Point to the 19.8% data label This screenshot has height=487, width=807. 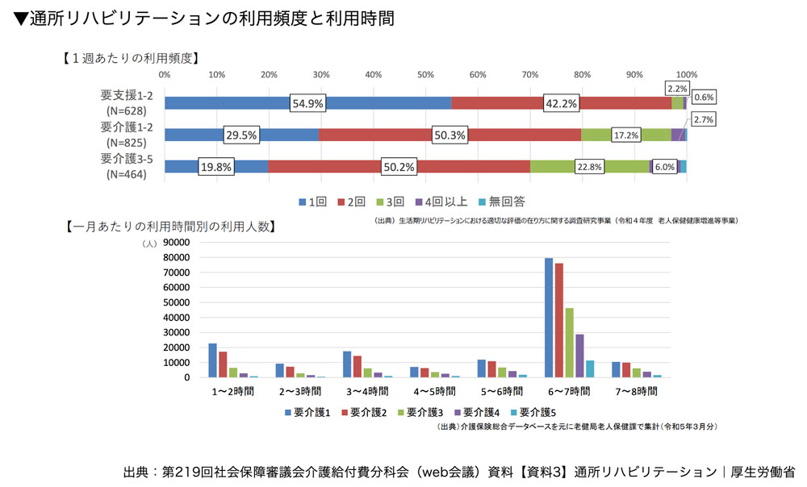(216, 167)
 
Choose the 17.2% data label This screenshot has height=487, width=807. (627, 135)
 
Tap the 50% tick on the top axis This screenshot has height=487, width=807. (425, 74)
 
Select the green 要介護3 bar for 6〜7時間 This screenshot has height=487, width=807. (569, 343)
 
